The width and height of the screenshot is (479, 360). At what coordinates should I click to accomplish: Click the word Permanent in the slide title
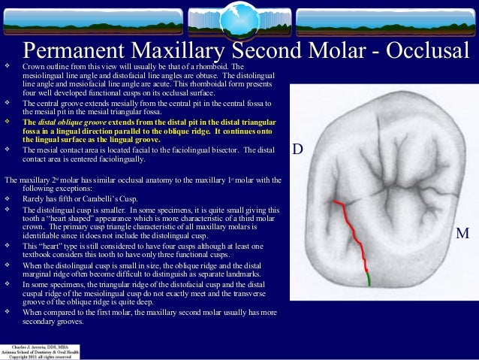point(83,51)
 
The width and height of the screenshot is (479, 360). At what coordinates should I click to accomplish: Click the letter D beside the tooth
point(297,150)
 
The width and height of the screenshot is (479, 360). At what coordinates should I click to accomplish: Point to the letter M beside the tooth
point(462,234)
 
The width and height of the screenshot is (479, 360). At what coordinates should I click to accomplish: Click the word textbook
point(38,256)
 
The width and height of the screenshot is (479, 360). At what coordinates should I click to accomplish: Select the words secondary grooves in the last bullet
point(53,322)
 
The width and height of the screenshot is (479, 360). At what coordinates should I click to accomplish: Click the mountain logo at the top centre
point(239,17)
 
